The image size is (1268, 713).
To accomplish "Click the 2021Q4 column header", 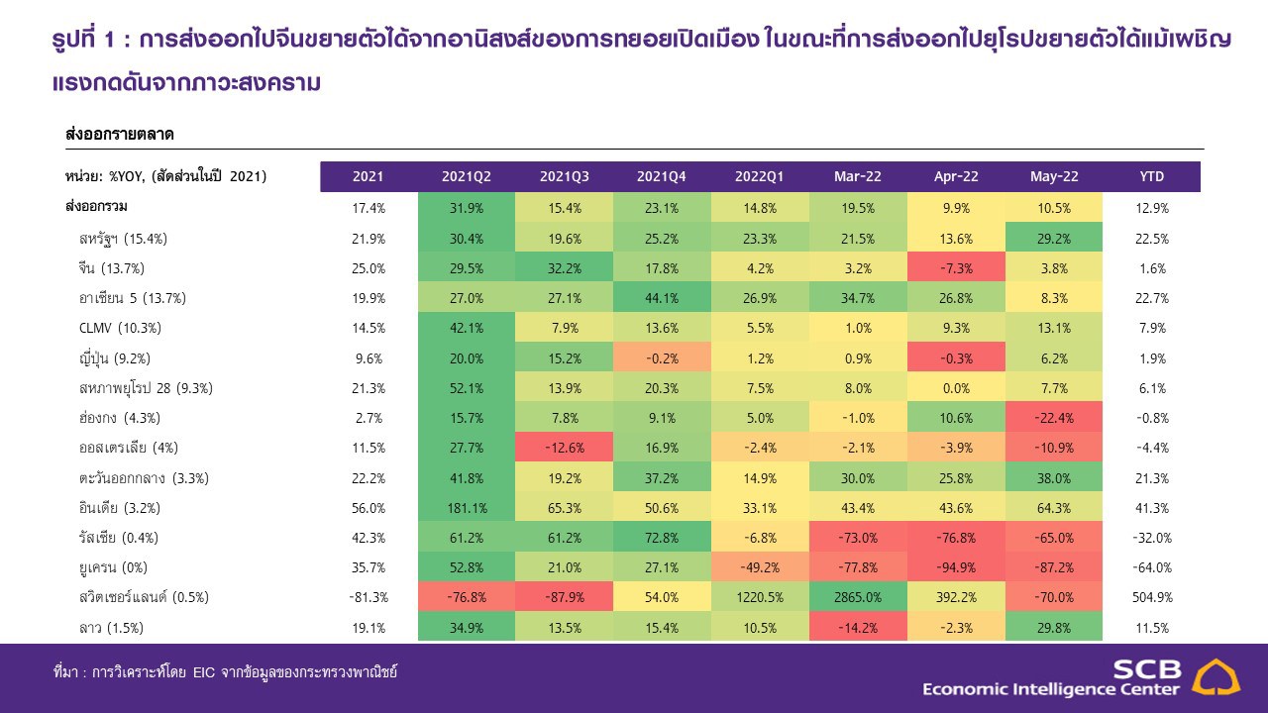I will (x=662, y=176).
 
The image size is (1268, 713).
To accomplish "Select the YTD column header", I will (x=1152, y=176).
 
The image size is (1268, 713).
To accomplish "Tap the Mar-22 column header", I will (x=858, y=176).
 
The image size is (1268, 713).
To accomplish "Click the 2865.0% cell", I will (x=858, y=597).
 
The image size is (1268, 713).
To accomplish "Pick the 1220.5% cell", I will (x=760, y=597).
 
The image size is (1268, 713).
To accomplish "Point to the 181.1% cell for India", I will (x=466, y=508).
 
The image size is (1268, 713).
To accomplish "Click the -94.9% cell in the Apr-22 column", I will (x=956, y=567).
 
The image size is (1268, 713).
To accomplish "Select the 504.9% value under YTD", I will (x=1152, y=597).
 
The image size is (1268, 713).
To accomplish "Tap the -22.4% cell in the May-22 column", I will (x=1054, y=418).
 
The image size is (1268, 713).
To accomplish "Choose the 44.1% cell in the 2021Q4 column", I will (x=662, y=298).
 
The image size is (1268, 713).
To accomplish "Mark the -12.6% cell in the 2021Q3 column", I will (x=564, y=448).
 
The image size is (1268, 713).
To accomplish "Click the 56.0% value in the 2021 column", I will (x=368, y=508).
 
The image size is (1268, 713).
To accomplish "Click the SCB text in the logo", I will (x=1146, y=668).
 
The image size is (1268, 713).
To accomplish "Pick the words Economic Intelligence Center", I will (x=1051, y=689).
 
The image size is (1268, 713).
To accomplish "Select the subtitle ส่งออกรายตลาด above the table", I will (x=119, y=133).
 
